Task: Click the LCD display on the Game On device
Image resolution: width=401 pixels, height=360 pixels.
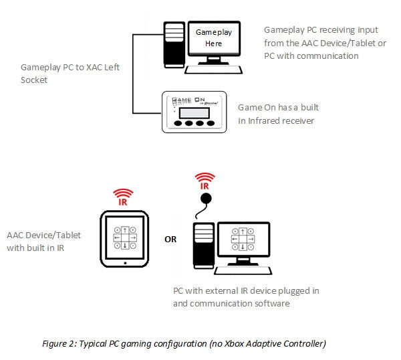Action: tap(194, 110)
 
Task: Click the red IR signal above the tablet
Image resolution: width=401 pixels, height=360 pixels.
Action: tap(122, 195)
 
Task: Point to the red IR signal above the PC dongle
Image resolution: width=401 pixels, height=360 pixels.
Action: tap(206, 181)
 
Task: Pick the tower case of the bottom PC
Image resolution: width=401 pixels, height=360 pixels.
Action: tap(203, 248)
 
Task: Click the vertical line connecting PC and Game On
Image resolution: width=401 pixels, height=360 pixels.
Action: tap(134, 74)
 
